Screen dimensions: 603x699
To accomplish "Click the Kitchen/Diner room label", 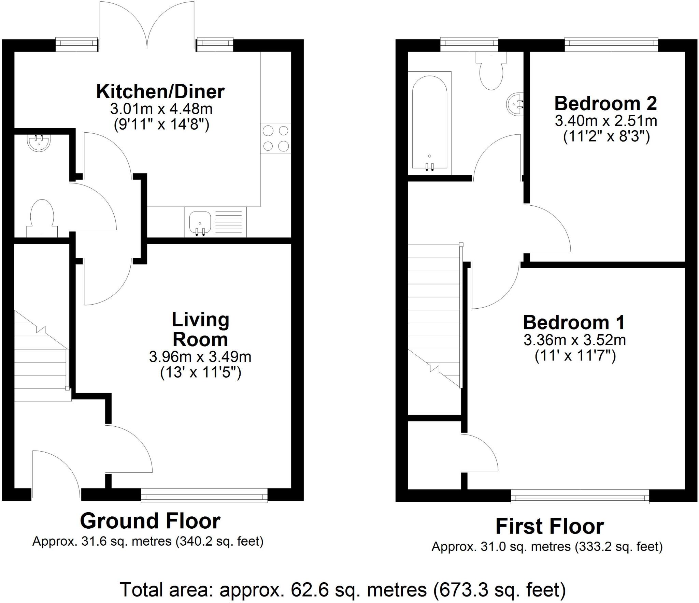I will [x=160, y=92].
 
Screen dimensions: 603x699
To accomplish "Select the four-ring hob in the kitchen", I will [x=276, y=138].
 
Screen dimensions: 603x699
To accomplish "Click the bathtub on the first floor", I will [x=429, y=123].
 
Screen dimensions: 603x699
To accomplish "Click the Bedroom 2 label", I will [x=605, y=104].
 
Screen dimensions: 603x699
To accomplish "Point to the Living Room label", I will [x=200, y=329].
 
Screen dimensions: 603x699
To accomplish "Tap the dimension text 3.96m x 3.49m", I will [x=200, y=357].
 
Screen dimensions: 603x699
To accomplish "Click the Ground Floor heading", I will [x=150, y=521].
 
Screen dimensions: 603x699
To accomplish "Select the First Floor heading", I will [x=550, y=526].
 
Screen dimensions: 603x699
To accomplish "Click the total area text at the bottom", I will [x=343, y=589].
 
